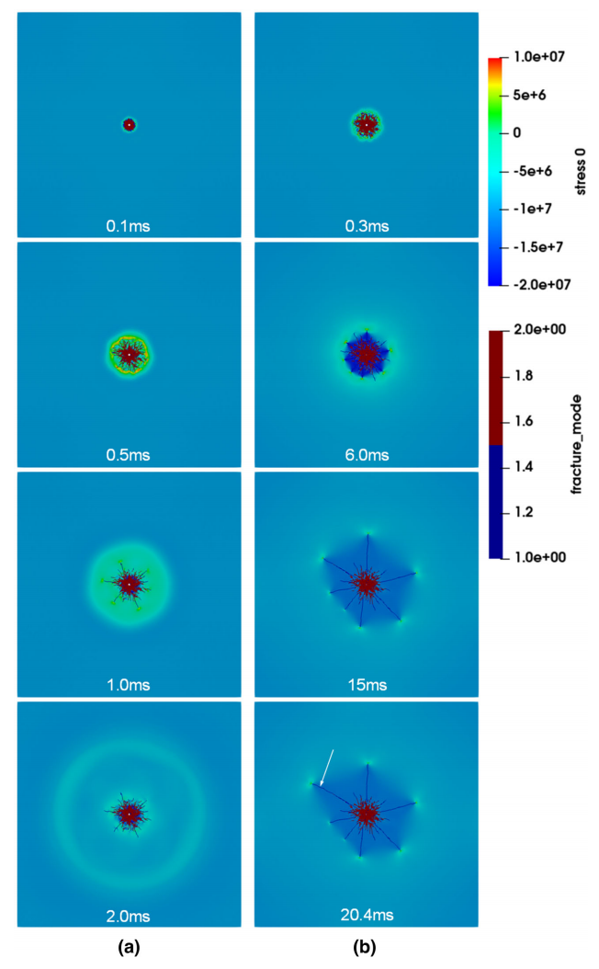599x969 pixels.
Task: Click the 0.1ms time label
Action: (128, 226)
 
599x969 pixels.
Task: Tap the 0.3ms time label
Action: (367, 226)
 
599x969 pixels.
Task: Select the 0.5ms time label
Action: (128, 455)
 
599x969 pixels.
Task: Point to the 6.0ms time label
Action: (367, 455)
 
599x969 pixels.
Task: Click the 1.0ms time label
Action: (128, 685)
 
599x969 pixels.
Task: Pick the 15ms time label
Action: (367, 685)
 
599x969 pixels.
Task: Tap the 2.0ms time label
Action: (128, 916)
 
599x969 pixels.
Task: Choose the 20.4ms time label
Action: (367, 915)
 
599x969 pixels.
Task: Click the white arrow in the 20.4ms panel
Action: (327, 769)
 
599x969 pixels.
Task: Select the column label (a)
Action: (129, 947)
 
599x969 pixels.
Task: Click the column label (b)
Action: (365, 947)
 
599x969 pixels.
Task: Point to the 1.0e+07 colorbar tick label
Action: (538, 57)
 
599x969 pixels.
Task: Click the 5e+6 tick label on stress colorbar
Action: (529, 96)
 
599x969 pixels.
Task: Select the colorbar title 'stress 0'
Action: (581, 172)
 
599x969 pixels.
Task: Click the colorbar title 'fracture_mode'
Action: (577, 444)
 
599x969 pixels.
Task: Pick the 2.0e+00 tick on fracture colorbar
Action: (539, 329)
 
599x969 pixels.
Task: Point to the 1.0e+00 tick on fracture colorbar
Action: (539, 557)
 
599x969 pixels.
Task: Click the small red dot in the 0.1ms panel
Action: (129, 125)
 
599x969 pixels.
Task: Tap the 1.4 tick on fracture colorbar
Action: (524, 467)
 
